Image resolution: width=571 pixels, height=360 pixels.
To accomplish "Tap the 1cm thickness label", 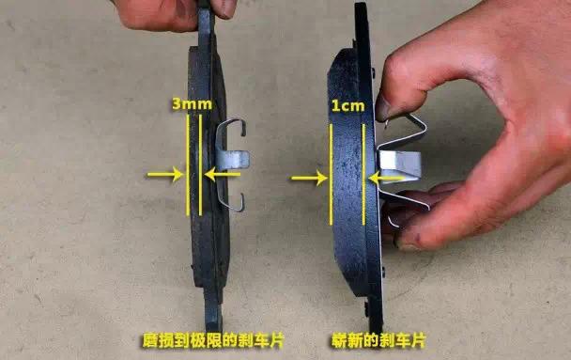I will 347,106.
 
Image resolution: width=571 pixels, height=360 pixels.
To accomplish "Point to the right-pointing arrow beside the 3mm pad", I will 163,173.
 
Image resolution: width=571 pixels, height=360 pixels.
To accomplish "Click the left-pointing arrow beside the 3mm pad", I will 223,173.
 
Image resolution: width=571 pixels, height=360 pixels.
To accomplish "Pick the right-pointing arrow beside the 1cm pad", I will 307,176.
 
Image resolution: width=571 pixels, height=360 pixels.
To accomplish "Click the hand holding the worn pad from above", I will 169,11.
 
